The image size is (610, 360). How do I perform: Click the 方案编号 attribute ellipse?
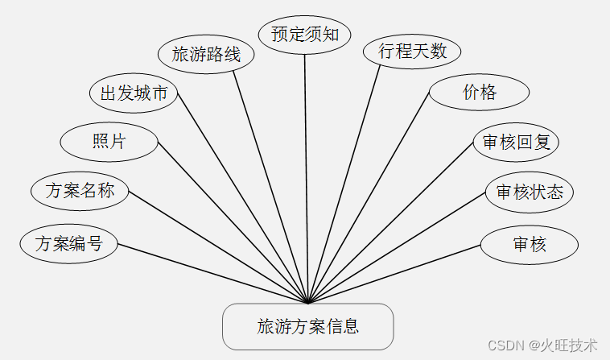69,243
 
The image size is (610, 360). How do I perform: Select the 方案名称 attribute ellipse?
80,192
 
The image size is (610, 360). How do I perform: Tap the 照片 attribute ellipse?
109,141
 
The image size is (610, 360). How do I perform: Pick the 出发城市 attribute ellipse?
133,93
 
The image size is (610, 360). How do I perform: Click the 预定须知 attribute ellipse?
304,34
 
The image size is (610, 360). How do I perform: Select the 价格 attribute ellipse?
479,93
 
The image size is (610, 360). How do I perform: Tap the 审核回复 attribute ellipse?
516,143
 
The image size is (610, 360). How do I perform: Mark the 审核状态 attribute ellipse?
529,192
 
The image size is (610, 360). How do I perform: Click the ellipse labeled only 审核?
529,243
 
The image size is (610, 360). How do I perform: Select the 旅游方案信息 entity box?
308,326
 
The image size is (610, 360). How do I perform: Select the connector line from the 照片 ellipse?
233,222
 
